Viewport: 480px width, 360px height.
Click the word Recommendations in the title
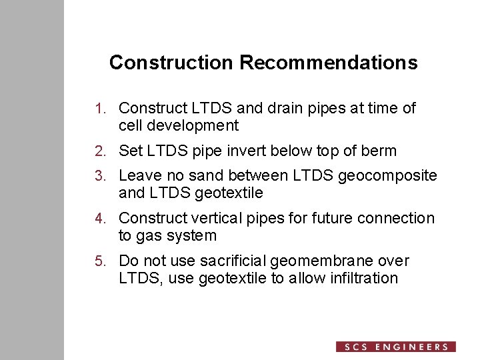(x=329, y=63)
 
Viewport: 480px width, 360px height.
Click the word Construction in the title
(x=171, y=63)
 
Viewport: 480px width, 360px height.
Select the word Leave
(x=139, y=176)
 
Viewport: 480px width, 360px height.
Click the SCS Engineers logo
(x=396, y=347)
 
